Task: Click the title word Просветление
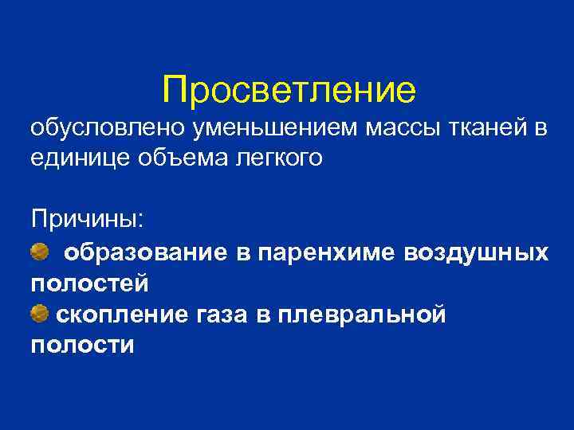tap(288, 90)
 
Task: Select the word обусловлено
tap(99, 127)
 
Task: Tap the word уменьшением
tap(267, 127)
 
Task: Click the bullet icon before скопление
tap(39, 315)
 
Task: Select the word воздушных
tap(476, 253)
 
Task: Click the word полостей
tap(89, 283)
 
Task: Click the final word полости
tap(82, 346)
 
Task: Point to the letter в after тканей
tap(538, 127)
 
